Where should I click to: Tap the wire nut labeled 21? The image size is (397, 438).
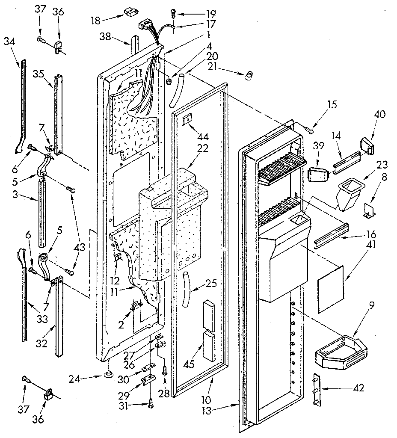[x=248, y=77]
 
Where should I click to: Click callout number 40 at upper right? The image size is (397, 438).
[x=379, y=114]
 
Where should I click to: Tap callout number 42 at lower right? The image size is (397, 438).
[x=360, y=388]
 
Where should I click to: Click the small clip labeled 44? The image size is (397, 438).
[x=187, y=121]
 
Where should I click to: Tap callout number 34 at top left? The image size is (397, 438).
[x=9, y=41]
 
